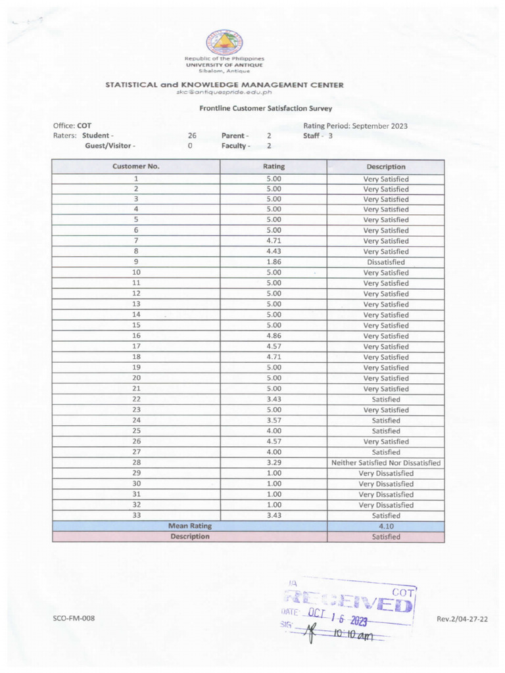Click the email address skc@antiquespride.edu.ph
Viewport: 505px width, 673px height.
[224, 92]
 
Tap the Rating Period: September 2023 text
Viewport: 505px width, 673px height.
[355, 126]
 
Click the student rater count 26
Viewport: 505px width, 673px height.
[192, 136]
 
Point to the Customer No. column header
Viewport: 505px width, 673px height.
[135, 167]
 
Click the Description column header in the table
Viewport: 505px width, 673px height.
[385, 167]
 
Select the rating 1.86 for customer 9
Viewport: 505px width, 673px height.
[274, 262]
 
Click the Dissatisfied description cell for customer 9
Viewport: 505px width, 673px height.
[385, 262]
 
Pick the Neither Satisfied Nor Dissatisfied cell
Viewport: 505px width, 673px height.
[385, 463]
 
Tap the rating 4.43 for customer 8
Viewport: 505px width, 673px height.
[274, 252]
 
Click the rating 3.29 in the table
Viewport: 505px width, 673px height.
[274, 463]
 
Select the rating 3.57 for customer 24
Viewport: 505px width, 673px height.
[274, 421]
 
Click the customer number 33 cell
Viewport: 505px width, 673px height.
[136, 515]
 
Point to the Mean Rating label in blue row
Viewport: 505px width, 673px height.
[189, 526]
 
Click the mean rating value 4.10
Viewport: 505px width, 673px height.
[385, 526]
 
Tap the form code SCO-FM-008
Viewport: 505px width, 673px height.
[74, 619]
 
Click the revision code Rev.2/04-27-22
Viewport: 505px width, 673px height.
[466, 619]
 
